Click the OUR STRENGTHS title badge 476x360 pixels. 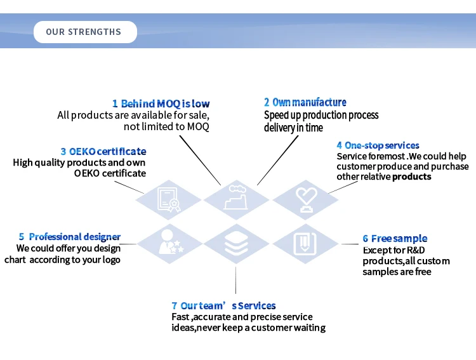[84, 32]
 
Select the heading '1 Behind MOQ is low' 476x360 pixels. [161, 103]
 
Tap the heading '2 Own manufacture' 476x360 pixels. [305, 102]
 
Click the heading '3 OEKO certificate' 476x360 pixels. [103, 152]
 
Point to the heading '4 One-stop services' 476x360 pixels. [378, 146]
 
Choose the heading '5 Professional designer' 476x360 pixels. [69, 237]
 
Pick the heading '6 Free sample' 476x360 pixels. [395, 239]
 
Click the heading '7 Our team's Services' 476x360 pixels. [223, 306]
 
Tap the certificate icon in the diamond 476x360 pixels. [168, 199]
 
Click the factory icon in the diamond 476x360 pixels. [236, 199]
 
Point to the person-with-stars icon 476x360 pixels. [169, 243]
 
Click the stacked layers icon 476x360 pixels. [236, 244]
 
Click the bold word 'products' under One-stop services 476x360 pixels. [411, 177]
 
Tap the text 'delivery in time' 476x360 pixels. [293, 128]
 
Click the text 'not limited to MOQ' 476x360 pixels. [166, 127]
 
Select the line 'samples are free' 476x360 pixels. [397, 272]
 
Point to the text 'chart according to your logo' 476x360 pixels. [62, 260]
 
